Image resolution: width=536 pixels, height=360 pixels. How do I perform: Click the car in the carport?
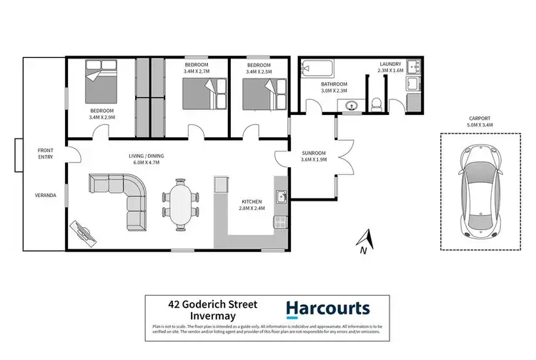(478, 192)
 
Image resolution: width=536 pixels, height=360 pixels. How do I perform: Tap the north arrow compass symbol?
(364, 241)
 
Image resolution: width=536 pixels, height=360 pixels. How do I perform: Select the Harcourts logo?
(328, 309)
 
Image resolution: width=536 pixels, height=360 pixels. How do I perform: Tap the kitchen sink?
(282, 195)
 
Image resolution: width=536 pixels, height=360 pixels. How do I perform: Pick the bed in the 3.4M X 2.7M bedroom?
(201, 93)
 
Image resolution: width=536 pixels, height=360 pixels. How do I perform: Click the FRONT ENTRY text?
(46, 154)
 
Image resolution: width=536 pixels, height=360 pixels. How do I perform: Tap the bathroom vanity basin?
(349, 107)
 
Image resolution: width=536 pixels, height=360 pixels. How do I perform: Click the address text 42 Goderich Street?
(203, 304)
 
